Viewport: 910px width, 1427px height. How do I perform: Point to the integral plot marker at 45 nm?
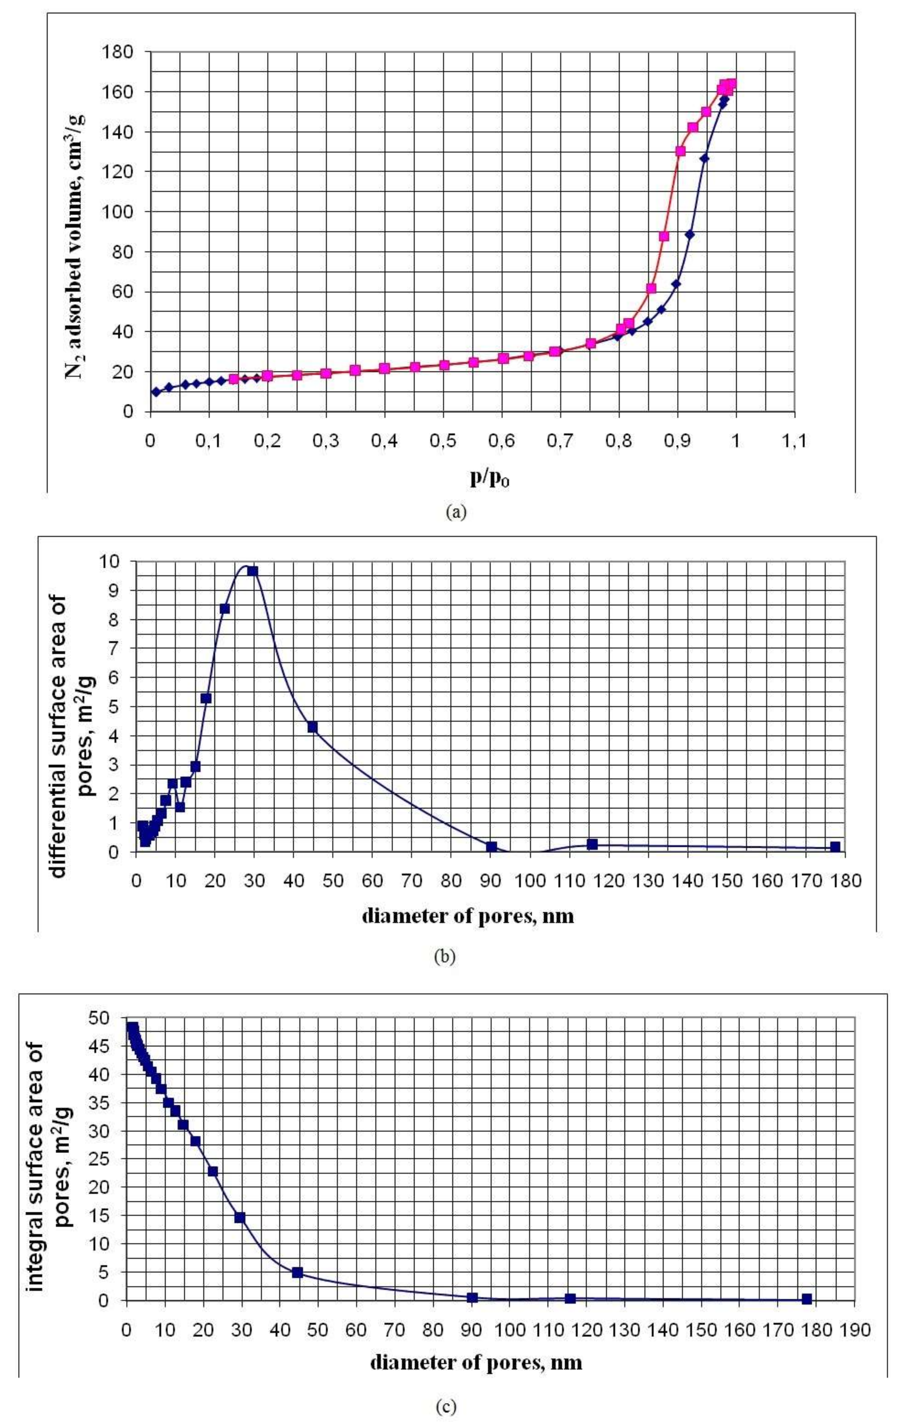298,1251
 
